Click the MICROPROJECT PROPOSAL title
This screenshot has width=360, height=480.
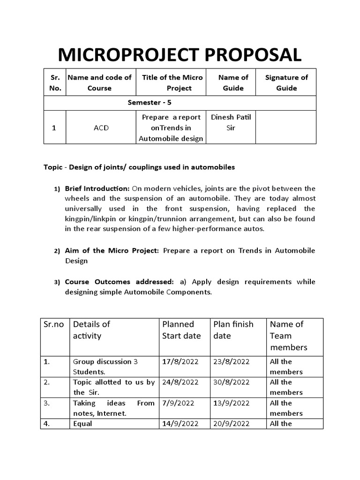pyautogui.click(x=180, y=55)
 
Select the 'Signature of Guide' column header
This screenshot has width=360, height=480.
pyautogui.click(x=286, y=82)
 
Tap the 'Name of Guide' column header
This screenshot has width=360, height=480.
pyautogui.click(x=233, y=82)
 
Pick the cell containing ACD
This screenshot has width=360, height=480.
pyautogui.click(x=101, y=127)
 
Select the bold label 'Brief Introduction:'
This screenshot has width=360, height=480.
pyautogui.click(x=97, y=189)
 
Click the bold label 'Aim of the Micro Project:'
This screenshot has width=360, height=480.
pyautogui.click(x=112, y=251)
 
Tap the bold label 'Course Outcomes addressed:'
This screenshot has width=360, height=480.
pyautogui.click(x=119, y=282)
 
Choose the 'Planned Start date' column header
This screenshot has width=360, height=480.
pyautogui.click(x=181, y=330)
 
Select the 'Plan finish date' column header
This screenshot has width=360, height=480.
pyautogui.click(x=233, y=330)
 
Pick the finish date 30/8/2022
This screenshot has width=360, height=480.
pyautogui.click(x=232, y=382)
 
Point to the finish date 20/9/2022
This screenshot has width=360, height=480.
pyautogui.click(x=232, y=423)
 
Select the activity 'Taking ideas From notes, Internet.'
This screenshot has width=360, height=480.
pyautogui.click(x=113, y=408)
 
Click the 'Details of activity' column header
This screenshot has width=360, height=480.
pyautogui.click(x=91, y=330)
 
